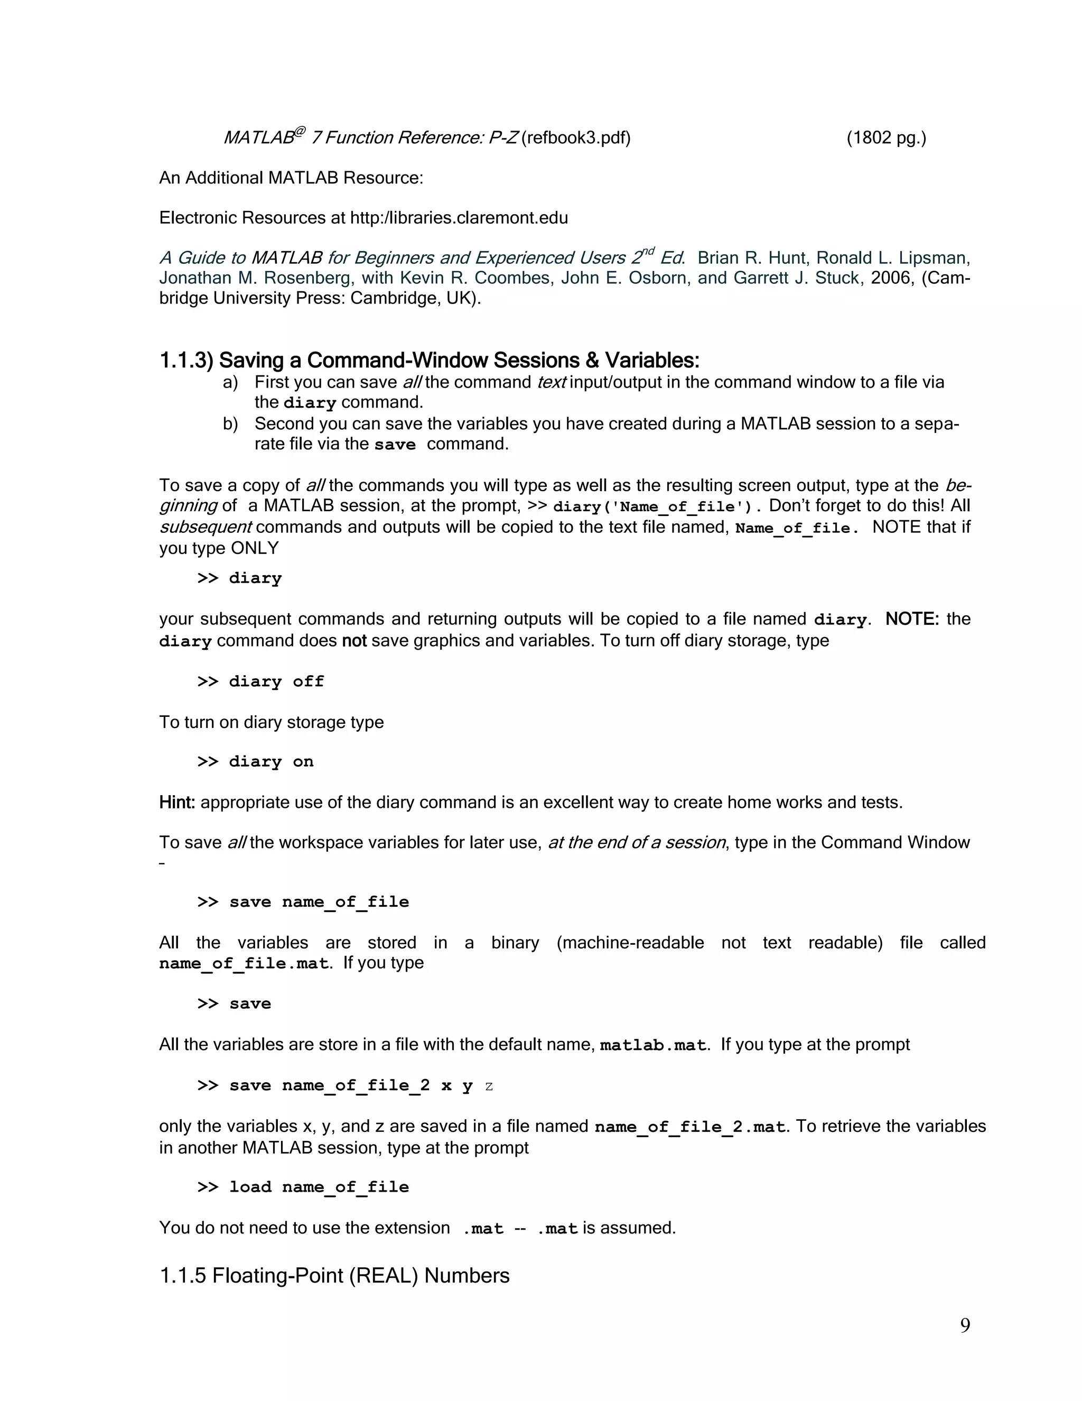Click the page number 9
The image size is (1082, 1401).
965,1325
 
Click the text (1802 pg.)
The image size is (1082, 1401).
886,138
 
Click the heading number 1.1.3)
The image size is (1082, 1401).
186,361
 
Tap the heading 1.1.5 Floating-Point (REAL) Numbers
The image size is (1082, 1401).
334,1275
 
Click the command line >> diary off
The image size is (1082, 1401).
260,681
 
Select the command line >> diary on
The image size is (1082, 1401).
255,761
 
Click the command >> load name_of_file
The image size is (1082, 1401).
303,1187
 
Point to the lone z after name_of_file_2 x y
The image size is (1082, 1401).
489,1086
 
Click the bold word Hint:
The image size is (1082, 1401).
177,803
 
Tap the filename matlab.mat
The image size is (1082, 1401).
652,1045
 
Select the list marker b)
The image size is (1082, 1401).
230,424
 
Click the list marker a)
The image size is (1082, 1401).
230,382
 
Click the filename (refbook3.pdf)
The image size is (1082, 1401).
576,138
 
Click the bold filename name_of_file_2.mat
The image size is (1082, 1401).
689,1127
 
